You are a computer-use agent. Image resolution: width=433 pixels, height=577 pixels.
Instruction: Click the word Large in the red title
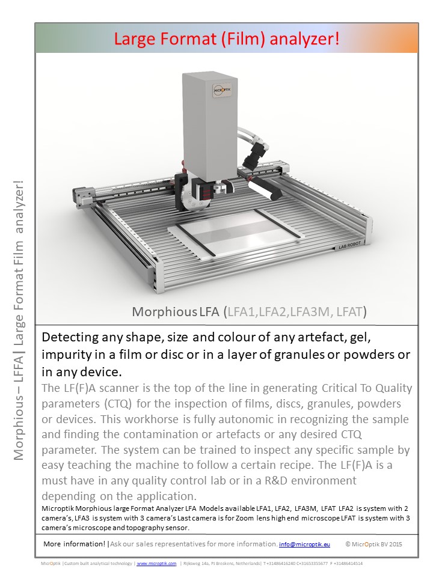pyautogui.click(x=135, y=40)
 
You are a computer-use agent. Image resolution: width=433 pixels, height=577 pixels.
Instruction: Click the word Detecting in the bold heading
pyautogui.click(x=69, y=337)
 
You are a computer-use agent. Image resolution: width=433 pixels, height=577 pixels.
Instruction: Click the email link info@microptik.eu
pyautogui.click(x=304, y=544)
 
